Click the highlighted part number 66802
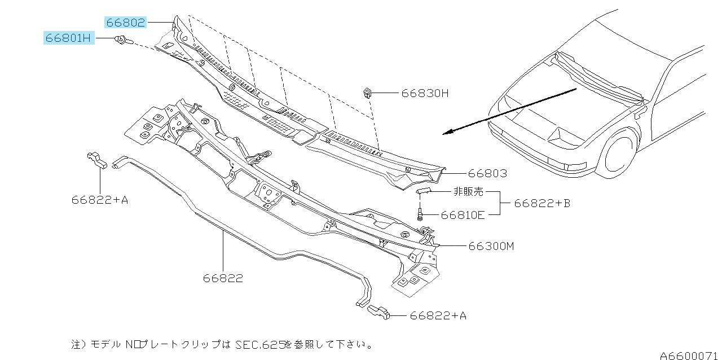pos(125,23)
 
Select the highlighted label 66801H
pos(69,38)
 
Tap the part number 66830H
pos(425,93)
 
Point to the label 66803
pos(487,174)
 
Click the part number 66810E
pos(463,214)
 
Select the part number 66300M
pos(491,247)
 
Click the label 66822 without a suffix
pos(223,278)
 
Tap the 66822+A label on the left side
pos(100,199)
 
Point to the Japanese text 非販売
pos(469,192)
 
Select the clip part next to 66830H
pos(367,92)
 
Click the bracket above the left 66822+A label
pos(97,160)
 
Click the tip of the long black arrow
pos(444,134)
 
